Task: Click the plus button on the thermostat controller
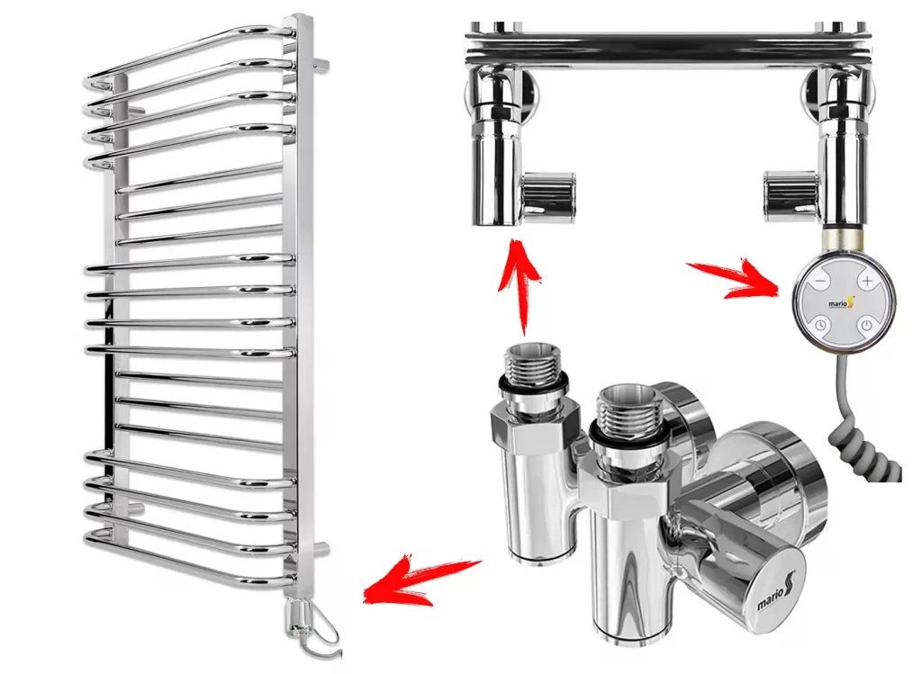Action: pyautogui.click(x=867, y=281)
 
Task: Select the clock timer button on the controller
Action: pyautogui.click(x=819, y=325)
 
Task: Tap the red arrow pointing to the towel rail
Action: pyautogui.click(x=421, y=580)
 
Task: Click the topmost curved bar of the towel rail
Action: pyautogui.click(x=188, y=53)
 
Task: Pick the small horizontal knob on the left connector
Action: pyautogui.click(x=548, y=197)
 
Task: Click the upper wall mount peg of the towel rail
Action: pyautogui.click(x=321, y=65)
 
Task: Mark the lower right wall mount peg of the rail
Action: pyautogui.click(x=321, y=550)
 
